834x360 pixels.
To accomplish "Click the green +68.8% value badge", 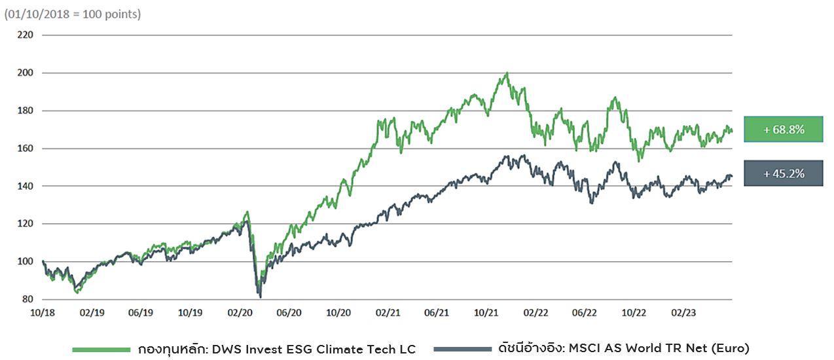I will [783, 130].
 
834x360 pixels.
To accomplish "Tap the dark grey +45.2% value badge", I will [783, 173].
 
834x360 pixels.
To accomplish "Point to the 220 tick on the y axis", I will [24, 35].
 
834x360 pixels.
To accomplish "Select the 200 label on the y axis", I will [24, 73].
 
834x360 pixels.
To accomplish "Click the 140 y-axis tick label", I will [24, 186].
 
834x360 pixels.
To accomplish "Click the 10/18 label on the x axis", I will [43, 313].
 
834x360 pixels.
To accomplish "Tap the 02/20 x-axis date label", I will [240, 313].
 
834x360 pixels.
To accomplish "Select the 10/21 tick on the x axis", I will [486, 313].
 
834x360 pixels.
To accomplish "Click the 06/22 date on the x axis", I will [585, 313].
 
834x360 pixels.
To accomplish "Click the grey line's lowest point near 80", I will [261, 297].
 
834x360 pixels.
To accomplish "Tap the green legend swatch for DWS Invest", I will [101, 349].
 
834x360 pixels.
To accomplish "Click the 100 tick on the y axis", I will [24, 261].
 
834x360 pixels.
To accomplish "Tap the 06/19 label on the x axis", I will [141, 313].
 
